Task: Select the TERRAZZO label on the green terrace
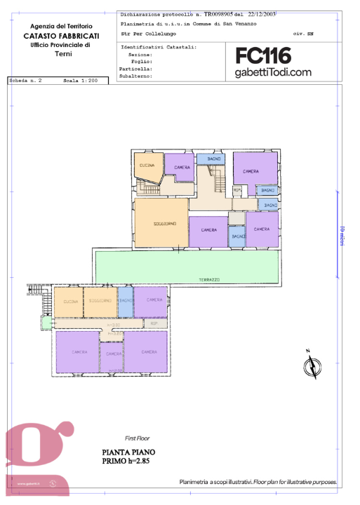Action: pos(208,279)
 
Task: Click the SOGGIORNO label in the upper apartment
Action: pos(165,224)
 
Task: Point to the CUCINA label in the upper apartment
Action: pos(147,165)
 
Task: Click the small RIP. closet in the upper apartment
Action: pos(237,189)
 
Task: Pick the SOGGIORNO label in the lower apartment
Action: pos(100,300)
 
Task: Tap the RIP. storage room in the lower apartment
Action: pos(154,324)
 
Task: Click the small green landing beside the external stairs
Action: pos(46,323)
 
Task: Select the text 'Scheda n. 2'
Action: pos(26,81)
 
